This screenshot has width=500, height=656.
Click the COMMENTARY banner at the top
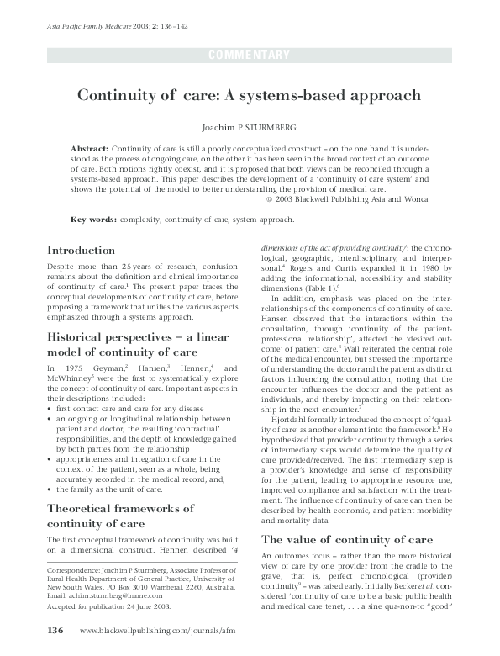tap(250, 56)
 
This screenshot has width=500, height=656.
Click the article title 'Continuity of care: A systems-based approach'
tap(250, 96)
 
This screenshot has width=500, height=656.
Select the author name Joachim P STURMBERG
tap(250, 126)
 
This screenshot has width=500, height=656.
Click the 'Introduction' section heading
tap(82, 250)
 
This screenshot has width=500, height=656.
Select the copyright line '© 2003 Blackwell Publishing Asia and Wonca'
tap(358, 199)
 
